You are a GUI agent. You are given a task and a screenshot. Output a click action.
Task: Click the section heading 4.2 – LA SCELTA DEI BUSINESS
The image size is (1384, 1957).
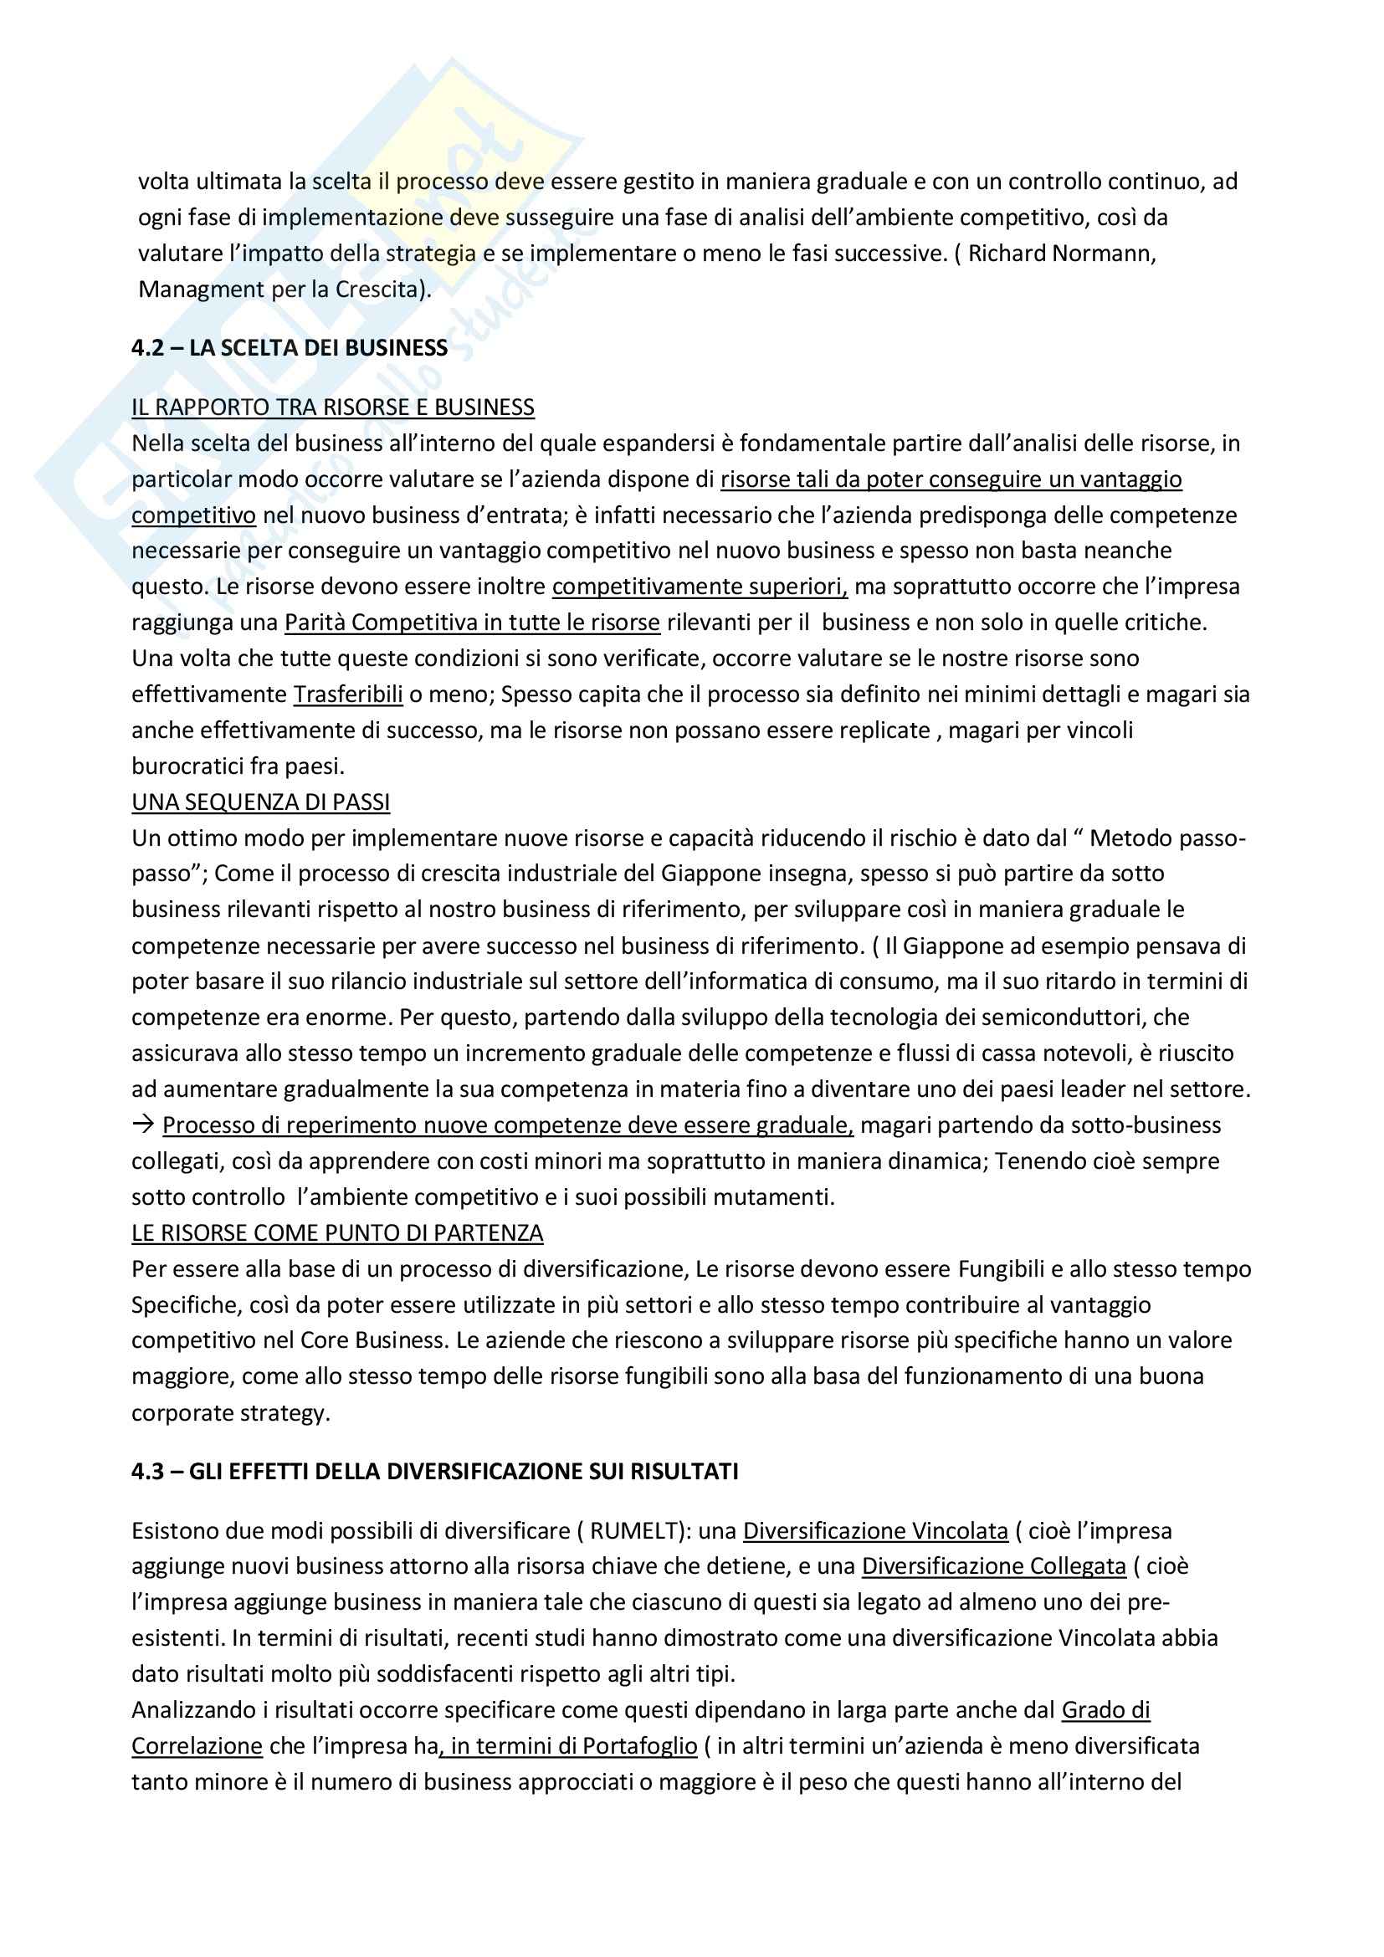point(289,348)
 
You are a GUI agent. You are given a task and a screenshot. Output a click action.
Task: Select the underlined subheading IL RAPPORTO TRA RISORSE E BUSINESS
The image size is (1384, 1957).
point(332,407)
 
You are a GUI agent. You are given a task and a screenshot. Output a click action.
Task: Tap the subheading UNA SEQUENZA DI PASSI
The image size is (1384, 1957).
point(260,802)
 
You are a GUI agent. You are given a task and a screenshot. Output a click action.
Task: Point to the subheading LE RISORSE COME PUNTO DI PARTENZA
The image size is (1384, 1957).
point(336,1232)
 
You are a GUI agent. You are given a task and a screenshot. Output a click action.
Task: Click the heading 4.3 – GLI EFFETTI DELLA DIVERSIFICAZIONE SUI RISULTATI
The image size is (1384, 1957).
point(434,1447)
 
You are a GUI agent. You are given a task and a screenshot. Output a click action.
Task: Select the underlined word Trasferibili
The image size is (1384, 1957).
point(348,694)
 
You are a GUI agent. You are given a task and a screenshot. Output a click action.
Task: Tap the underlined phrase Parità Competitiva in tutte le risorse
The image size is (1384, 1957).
point(472,622)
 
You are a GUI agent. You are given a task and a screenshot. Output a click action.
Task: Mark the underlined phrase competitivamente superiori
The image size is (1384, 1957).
point(700,587)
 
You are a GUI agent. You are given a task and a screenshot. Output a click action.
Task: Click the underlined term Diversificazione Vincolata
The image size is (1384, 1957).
point(875,1531)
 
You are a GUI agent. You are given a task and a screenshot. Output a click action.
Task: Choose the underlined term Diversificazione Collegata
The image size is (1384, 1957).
point(994,1566)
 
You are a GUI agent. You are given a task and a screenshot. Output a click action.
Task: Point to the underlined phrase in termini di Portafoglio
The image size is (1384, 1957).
point(569,1745)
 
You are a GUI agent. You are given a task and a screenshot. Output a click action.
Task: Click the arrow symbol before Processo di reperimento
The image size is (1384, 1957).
point(141,1125)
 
